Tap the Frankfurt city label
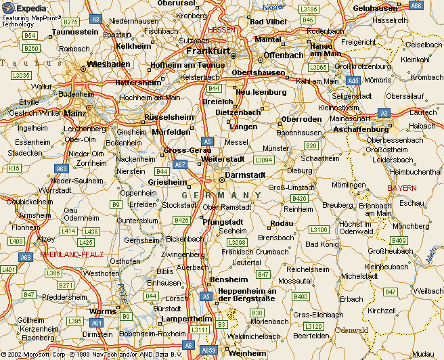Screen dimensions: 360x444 click(208, 51)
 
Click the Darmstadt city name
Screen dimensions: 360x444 click(245, 175)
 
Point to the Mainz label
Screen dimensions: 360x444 click(77, 114)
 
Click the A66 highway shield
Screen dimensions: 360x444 click(416, 5)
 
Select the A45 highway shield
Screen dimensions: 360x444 click(353, 80)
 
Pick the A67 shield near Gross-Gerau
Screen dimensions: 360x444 click(180, 164)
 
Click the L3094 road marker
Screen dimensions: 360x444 click(263, 160)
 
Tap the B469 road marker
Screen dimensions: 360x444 click(399, 240)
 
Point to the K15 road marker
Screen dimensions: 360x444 click(14, 167)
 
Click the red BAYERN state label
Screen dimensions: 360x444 click(403, 187)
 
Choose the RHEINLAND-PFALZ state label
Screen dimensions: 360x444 click(72, 254)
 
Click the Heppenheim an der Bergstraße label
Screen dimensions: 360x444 click(247, 294)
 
